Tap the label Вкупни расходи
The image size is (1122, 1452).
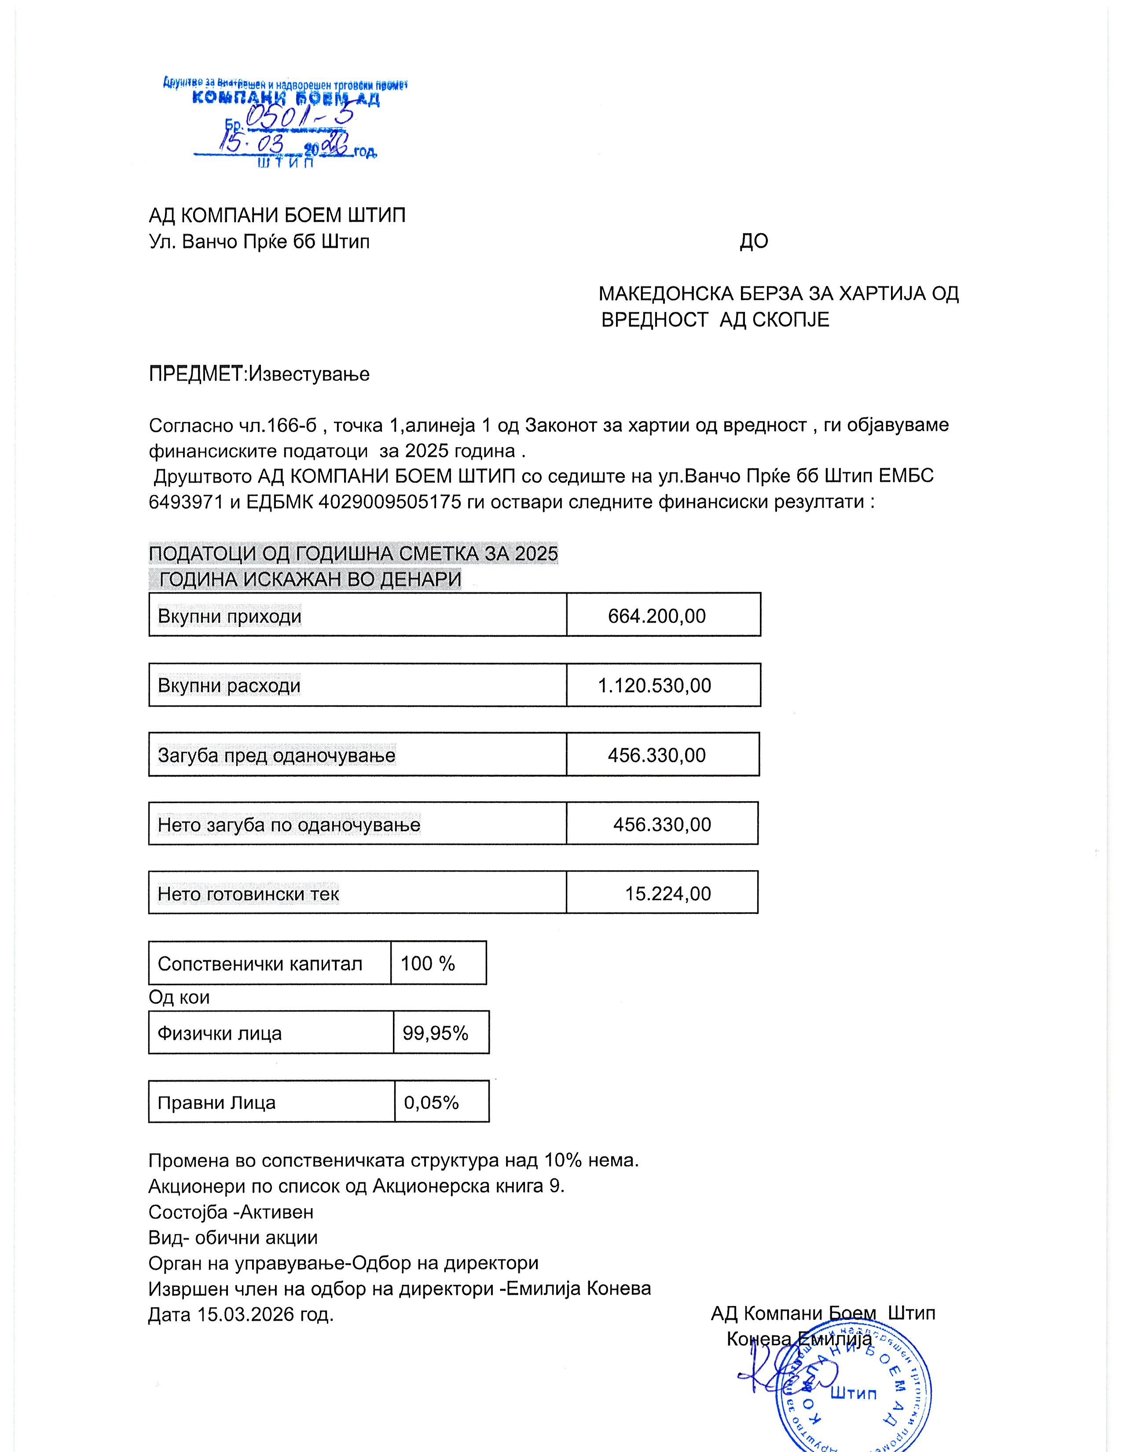pos(229,686)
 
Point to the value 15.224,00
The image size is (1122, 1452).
pos(667,894)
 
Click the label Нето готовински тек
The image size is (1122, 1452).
pos(248,894)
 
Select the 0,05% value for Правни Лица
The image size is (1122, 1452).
pos(431,1103)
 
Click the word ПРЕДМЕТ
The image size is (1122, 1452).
pos(196,374)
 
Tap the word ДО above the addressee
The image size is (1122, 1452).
pos(754,241)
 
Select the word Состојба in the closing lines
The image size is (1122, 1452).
pos(188,1212)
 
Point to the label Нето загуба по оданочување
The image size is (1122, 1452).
pos(289,825)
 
